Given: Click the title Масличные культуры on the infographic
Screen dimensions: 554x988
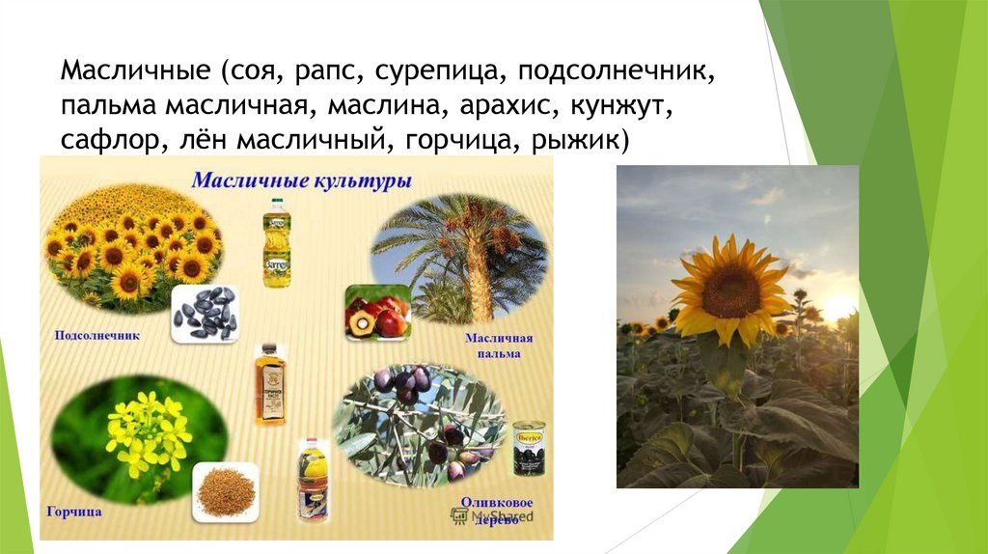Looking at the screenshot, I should [301, 180].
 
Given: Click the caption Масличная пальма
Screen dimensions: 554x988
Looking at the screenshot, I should [498, 346].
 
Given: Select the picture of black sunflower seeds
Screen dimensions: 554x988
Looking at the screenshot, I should [205, 315].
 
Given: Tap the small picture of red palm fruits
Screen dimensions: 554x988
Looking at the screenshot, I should [377, 312].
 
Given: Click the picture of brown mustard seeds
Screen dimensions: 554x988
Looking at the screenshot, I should [226, 491].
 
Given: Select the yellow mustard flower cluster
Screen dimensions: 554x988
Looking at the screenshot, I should [148, 431].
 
